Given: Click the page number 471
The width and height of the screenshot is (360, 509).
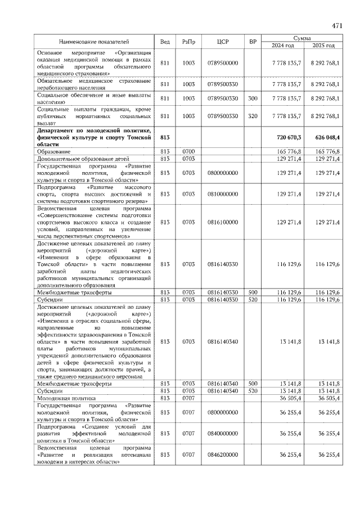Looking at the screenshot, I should pyautogui.click(x=337, y=26).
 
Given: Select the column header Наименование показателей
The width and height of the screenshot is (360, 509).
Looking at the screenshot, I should pyautogui.click(x=94, y=42).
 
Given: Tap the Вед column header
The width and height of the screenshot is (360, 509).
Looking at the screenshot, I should pyautogui.click(x=165, y=42).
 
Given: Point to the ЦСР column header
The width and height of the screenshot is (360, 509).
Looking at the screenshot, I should pyautogui.click(x=222, y=42).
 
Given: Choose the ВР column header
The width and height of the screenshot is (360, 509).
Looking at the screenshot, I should pyautogui.click(x=253, y=42).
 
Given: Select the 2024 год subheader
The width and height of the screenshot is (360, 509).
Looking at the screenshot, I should pyautogui.click(x=283, y=46).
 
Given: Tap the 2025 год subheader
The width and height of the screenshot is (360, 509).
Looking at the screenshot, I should pyautogui.click(x=323, y=46).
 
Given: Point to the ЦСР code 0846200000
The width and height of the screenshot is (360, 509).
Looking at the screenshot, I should pyautogui.click(x=222, y=454).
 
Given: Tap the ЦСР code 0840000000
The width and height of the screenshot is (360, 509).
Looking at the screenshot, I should pyautogui.click(x=222, y=433).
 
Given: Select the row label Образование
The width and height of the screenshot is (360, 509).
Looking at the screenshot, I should pyautogui.click(x=54, y=152).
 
